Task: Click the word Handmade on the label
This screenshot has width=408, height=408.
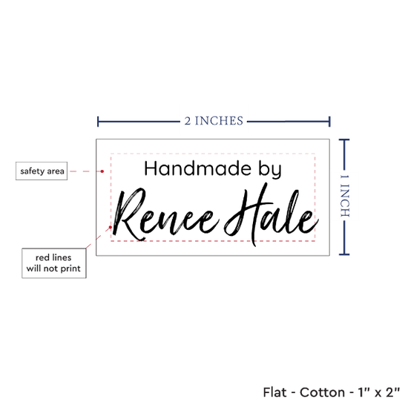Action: click(x=197, y=168)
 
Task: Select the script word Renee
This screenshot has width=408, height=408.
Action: click(x=165, y=214)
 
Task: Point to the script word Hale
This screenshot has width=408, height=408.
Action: click(x=272, y=214)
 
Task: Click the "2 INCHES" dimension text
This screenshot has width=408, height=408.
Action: click(x=214, y=121)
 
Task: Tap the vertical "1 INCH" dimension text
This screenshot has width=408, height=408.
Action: click(x=344, y=196)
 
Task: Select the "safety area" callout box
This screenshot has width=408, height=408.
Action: click(x=42, y=171)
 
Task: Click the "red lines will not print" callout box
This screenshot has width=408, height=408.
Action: click(x=54, y=263)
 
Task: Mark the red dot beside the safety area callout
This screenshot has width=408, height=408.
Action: click(x=102, y=171)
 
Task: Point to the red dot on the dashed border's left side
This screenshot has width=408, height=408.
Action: click(x=111, y=227)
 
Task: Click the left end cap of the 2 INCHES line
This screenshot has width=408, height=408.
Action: click(x=98, y=122)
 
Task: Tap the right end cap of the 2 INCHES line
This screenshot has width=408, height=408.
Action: click(x=329, y=122)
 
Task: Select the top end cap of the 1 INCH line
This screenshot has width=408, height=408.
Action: click(x=344, y=139)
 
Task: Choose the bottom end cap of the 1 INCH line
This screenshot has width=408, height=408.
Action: click(x=344, y=254)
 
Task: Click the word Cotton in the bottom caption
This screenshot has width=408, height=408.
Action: click(x=323, y=392)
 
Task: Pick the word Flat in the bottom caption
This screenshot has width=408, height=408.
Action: click(x=274, y=392)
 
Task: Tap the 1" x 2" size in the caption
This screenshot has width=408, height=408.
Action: click(x=378, y=392)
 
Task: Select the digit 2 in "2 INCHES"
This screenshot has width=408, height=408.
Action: click(x=188, y=121)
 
